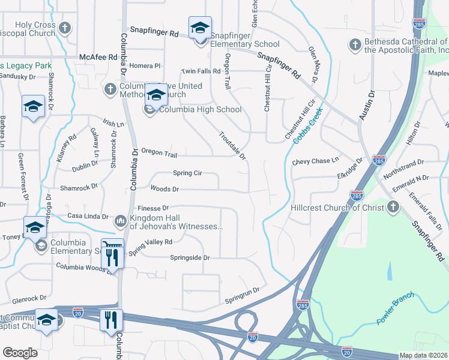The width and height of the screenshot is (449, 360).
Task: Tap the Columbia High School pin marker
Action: click(156, 97)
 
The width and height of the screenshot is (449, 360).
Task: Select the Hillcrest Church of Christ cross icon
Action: click(393, 207)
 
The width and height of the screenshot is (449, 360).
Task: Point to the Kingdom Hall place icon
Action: click(121, 221)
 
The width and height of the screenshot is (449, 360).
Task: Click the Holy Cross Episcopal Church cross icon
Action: click(65, 28)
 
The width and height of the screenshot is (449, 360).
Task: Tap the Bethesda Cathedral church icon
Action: click(355, 45)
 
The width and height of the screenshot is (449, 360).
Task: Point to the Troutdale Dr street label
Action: click(233, 145)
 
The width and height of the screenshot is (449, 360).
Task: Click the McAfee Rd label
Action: click(98, 57)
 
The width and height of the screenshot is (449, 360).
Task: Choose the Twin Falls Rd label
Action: click(201, 71)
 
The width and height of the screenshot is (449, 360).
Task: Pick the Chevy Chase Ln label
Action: click(315, 161)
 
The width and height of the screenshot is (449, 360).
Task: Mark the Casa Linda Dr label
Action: click(88, 216)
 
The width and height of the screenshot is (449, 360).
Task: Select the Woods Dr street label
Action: click(164, 189)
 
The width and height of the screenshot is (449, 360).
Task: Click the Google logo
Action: click(20, 353)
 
